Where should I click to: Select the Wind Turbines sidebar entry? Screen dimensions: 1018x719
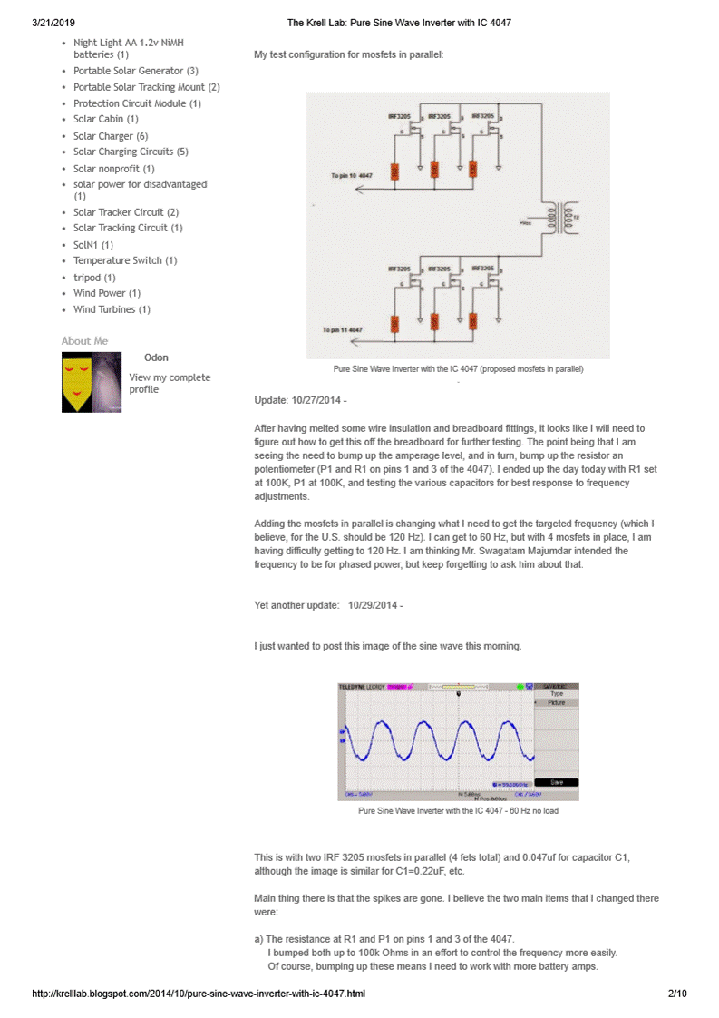point(105,309)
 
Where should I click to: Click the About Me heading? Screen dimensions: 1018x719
point(84,341)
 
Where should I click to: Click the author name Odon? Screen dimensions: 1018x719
point(156,357)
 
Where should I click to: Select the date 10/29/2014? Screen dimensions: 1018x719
point(373,605)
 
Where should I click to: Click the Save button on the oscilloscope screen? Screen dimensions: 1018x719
point(555,782)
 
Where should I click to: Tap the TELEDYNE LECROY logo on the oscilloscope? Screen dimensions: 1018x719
point(362,687)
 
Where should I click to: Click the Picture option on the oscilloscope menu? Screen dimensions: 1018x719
point(556,702)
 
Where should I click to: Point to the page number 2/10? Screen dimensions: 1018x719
point(676,994)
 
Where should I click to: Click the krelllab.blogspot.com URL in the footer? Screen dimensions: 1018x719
point(199,994)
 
